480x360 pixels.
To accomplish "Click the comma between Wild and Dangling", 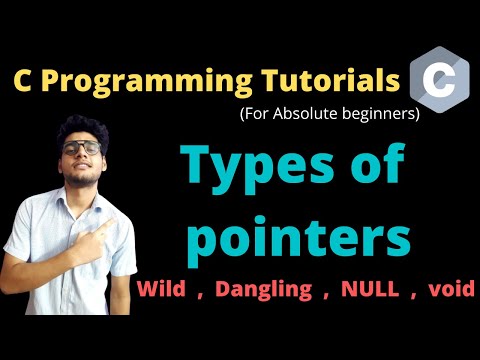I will tap(203, 295).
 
